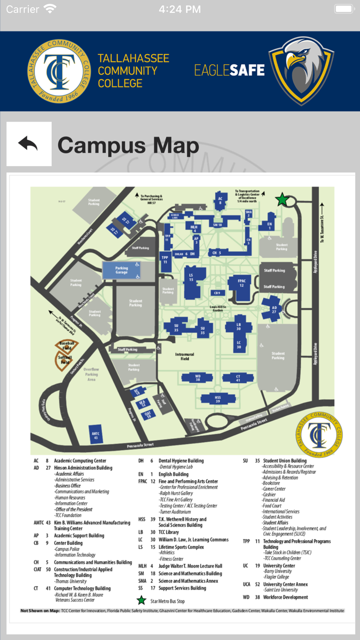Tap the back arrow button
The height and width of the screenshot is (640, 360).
[29, 144]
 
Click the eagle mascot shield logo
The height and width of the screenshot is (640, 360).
[301, 70]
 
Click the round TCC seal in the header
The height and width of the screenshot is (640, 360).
[58, 70]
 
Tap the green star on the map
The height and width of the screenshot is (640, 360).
[282, 200]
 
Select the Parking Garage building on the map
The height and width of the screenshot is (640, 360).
[121, 270]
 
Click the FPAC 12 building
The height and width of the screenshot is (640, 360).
[241, 282]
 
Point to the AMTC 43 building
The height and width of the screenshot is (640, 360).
[95, 434]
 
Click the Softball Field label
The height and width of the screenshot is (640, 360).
[65, 359]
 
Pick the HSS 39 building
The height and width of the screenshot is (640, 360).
[218, 398]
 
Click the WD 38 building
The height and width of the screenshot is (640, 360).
[197, 378]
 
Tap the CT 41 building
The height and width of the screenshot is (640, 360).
[238, 378]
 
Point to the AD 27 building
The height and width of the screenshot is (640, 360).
[274, 309]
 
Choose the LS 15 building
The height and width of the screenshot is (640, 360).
[191, 278]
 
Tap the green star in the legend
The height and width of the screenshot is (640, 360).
[141, 600]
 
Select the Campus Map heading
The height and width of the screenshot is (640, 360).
[128, 146]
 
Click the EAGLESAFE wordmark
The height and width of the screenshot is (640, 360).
[229, 70]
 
